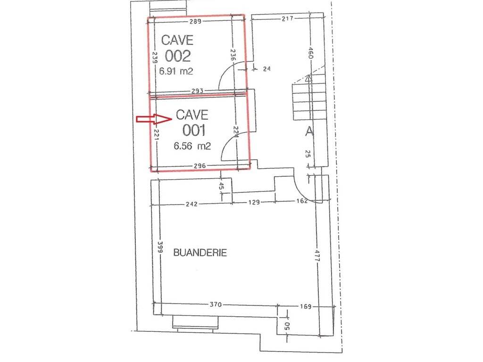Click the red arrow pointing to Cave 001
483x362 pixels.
click(x=154, y=119)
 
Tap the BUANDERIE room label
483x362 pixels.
click(x=200, y=253)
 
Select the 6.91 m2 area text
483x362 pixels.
click(x=176, y=71)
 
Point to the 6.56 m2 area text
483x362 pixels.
click(x=192, y=146)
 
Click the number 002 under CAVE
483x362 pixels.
click(x=178, y=56)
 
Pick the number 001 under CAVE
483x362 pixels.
click(x=194, y=130)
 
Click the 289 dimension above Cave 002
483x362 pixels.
click(x=195, y=21)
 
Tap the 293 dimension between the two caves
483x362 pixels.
click(x=197, y=91)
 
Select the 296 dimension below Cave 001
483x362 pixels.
click(x=200, y=166)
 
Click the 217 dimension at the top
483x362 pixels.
click(x=287, y=18)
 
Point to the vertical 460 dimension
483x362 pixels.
click(x=310, y=53)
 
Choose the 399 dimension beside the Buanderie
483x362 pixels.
click(x=160, y=247)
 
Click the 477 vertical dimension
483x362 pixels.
click(x=316, y=255)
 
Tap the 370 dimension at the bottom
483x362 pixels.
click(x=215, y=304)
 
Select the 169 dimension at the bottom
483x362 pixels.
click(x=305, y=306)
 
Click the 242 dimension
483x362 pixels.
click(x=192, y=204)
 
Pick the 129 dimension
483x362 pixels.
click(x=254, y=202)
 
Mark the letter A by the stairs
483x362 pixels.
click(x=309, y=132)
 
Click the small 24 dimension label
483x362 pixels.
click(x=267, y=69)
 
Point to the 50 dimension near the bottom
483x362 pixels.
click(x=287, y=326)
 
